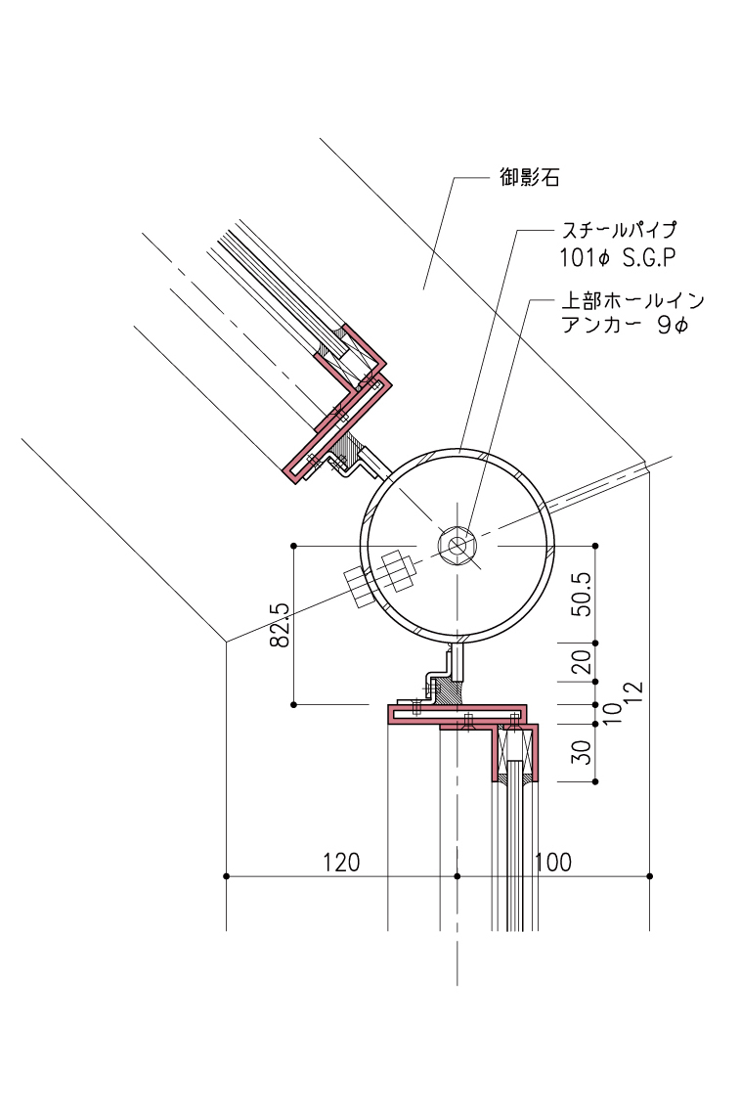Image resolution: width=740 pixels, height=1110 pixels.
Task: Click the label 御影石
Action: [x=528, y=178]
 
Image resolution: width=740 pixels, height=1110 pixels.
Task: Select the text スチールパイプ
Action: [x=617, y=232]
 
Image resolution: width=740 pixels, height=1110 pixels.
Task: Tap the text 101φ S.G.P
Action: [x=614, y=258]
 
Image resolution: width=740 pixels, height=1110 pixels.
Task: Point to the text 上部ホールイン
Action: [x=630, y=299]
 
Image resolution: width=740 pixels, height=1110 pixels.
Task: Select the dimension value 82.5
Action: [x=282, y=625]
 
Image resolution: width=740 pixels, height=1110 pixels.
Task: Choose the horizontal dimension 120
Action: [x=341, y=863]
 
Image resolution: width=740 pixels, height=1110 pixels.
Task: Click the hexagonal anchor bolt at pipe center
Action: [x=457, y=546]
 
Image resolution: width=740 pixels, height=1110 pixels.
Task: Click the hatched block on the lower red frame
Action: [x=450, y=691]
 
